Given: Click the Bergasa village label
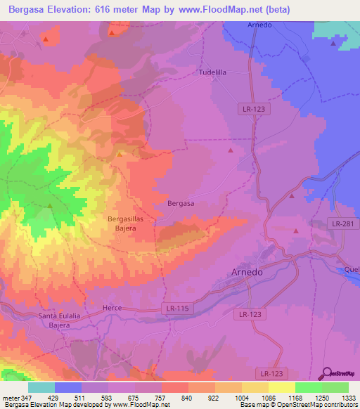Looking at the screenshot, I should pyautogui.click(x=181, y=203).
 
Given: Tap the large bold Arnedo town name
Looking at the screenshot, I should pyautogui.click(x=250, y=273).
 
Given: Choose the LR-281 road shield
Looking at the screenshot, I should pyautogui.click(x=342, y=223).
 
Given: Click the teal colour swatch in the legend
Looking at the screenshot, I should pyautogui.click(x=41, y=387).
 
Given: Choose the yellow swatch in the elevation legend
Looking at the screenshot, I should pyautogui.click(x=281, y=387).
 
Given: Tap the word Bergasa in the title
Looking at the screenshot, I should pyautogui.click(x=28, y=10).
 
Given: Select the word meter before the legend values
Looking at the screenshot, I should pyautogui.click(x=11, y=397).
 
